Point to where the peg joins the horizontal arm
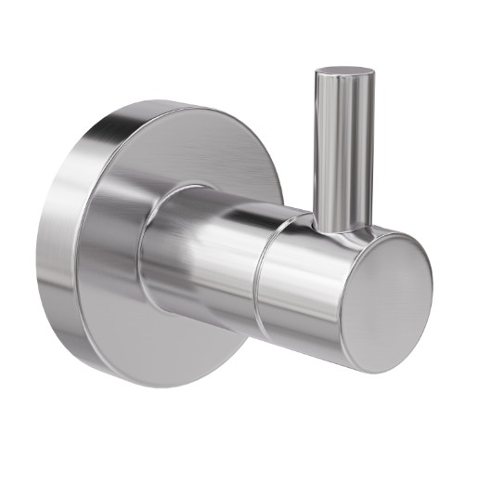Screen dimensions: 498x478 tap(342, 225)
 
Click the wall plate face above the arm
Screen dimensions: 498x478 tap(186, 149)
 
